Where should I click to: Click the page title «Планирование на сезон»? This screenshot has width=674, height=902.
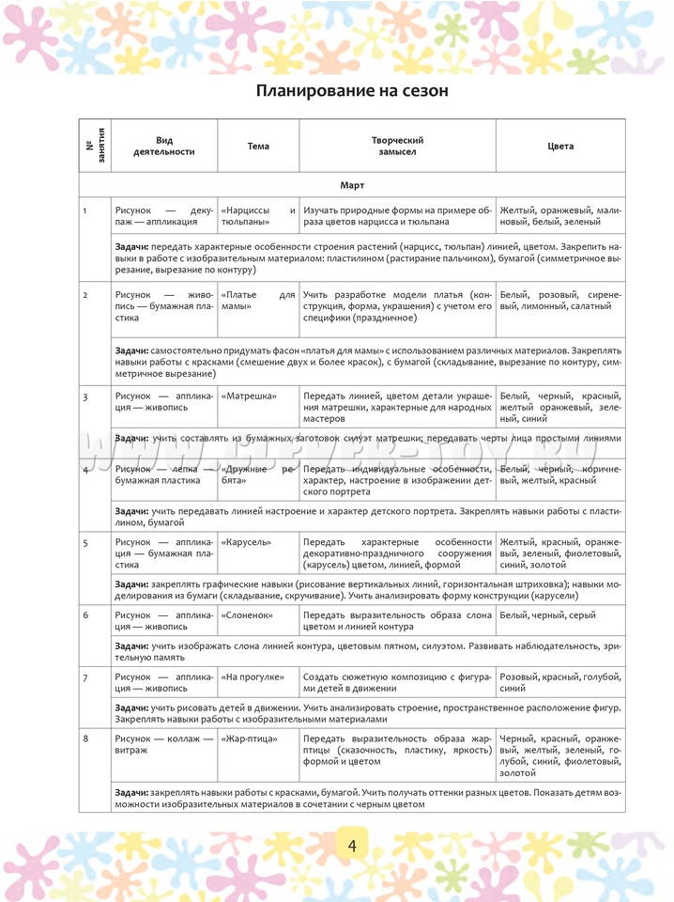pyautogui.click(x=352, y=91)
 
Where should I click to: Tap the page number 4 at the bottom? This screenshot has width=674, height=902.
pyautogui.click(x=352, y=845)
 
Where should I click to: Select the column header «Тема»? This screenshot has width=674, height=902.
pyautogui.click(x=258, y=146)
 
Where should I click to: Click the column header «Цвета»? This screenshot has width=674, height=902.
pyautogui.click(x=560, y=146)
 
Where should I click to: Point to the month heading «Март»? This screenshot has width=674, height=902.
pyautogui.click(x=352, y=185)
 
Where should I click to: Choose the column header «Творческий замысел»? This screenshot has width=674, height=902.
pyautogui.click(x=398, y=146)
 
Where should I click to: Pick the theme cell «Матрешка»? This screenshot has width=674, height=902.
pyautogui.click(x=249, y=397)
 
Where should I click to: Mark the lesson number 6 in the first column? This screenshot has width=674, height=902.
pyautogui.click(x=85, y=614)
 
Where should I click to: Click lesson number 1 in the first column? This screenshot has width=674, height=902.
pyautogui.click(x=85, y=210)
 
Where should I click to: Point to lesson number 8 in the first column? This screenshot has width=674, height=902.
pyautogui.click(x=85, y=739)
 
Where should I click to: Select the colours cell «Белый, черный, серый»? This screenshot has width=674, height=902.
pyautogui.click(x=548, y=614)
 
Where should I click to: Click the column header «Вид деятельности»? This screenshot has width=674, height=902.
pyautogui.click(x=164, y=146)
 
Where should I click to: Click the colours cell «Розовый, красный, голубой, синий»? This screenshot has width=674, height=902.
pyautogui.click(x=560, y=682)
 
